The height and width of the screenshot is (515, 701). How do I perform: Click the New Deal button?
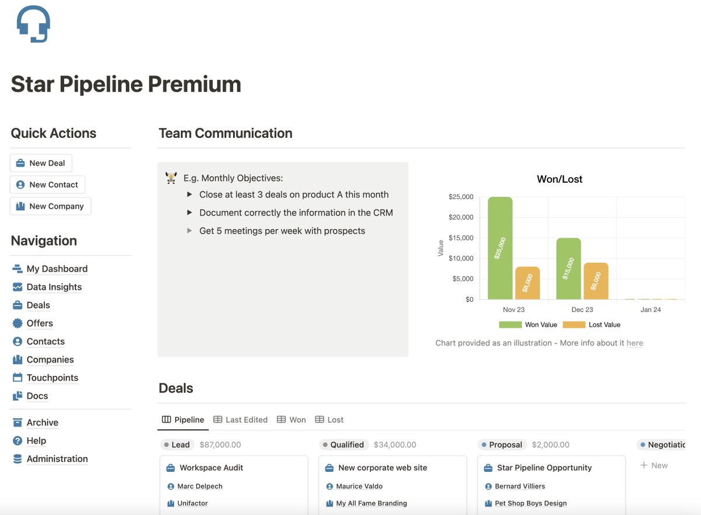pos(41,163)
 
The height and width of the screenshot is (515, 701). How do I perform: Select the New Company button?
pos(50,206)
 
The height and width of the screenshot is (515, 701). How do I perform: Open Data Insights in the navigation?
pos(54,287)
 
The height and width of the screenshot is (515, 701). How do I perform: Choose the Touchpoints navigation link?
pos(52,378)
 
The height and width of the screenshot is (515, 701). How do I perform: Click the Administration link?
pos(57,459)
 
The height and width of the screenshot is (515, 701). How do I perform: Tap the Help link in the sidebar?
pos(36,441)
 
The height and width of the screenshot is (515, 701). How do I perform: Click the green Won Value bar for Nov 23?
pos(500,248)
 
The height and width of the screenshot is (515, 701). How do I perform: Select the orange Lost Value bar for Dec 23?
pos(596,281)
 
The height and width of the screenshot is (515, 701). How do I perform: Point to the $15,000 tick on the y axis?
pos(461,238)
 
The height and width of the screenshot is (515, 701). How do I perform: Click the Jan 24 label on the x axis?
pos(650,310)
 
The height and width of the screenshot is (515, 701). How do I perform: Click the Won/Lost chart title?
pos(560,179)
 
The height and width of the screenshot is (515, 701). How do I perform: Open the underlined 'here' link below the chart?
pos(634,343)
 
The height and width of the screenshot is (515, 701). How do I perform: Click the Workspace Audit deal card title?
pos(211,468)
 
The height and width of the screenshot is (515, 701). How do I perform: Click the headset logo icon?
pos(33,24)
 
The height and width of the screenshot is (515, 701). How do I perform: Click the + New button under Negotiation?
pos(654,465)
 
